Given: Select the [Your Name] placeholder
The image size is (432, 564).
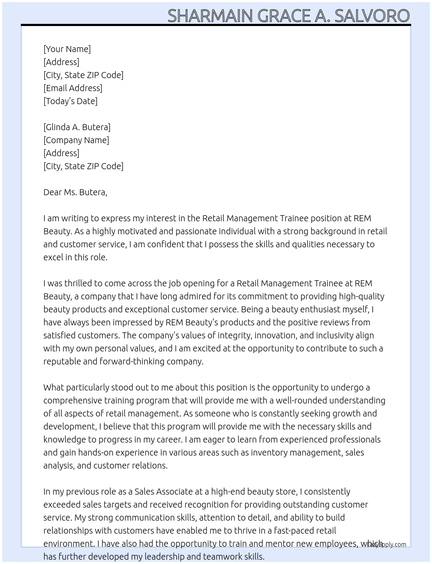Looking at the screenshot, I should pos(67,49).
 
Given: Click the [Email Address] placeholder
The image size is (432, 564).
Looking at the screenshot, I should pos(73,88).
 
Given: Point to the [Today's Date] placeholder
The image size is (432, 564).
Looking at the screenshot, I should pos(70,101).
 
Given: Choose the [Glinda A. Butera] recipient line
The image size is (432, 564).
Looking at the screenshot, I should pos(77,127).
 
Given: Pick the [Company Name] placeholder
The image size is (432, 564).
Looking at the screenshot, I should pos(76,140).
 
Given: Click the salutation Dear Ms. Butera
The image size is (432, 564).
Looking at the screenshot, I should pos(75,192).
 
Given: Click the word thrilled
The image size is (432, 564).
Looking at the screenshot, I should pos(78,283).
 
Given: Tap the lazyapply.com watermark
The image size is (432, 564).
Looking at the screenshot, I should pos(387,544).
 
